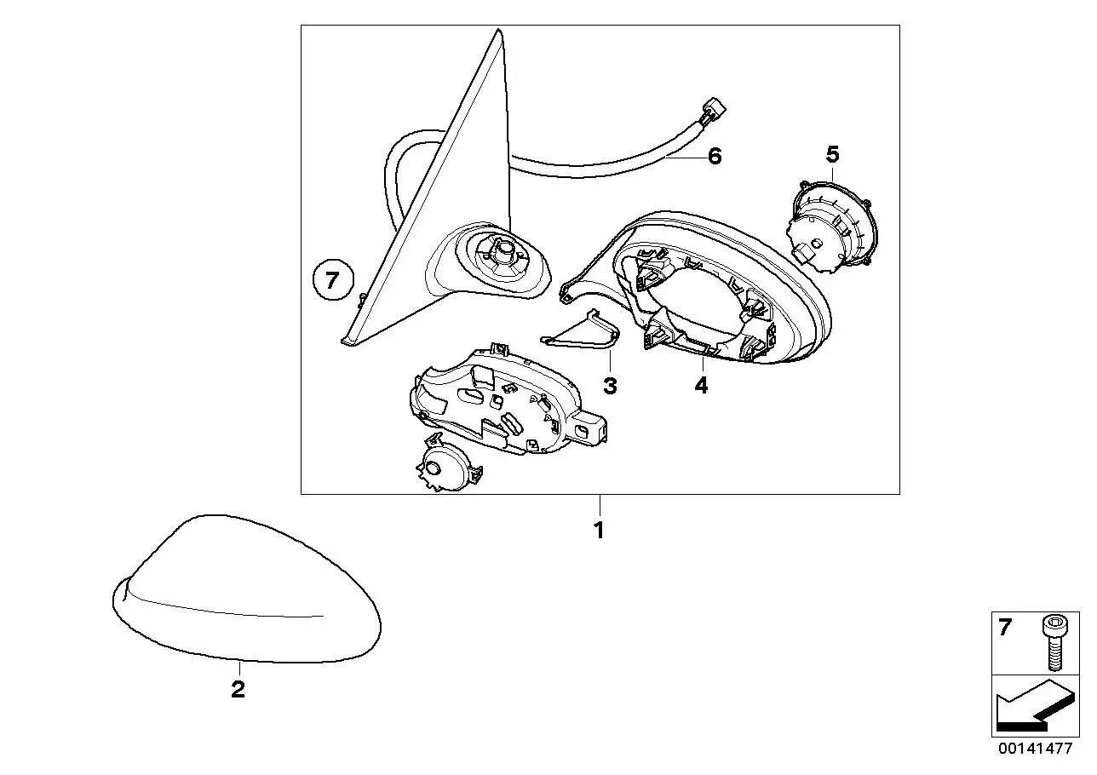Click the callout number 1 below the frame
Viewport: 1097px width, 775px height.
(x=599, y=530)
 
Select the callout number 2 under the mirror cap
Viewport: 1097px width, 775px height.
(x=238, y=689)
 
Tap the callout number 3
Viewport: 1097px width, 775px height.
(x=610, y=386)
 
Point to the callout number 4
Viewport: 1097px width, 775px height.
(x=701, y=385)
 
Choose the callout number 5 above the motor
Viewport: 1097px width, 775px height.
(x=833, y=154)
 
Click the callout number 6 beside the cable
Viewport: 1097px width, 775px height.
(x=715, y=156)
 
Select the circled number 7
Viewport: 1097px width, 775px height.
(x=333, y=280)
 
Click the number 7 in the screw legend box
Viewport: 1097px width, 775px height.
(x=1004, y=627)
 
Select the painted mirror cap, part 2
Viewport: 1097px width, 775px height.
(x=247, y=588)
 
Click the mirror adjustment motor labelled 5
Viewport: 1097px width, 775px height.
(x=832, y=227)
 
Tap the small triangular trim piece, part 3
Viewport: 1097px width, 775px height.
(x=580, y=331)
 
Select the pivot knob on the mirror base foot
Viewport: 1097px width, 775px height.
(x=503, y=250)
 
